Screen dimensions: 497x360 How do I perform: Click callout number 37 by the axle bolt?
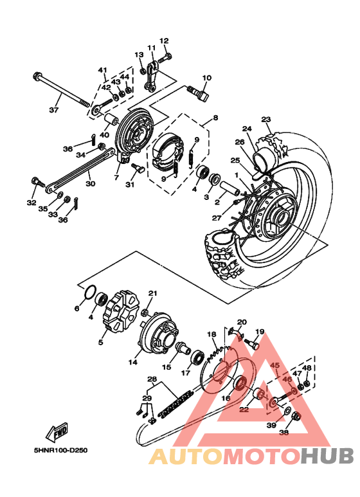coord(54,110)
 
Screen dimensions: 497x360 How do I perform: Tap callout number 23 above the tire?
coord(266,119)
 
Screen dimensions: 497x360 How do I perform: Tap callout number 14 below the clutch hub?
coord(132,362)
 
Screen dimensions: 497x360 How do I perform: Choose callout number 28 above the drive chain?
coord(152,379)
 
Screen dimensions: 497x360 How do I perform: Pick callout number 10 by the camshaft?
coord(206,78)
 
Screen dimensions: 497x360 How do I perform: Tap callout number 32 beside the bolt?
coord(32,203)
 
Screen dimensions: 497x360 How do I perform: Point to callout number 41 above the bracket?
coord(102,69)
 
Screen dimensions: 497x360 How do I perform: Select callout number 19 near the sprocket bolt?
coord(260,332)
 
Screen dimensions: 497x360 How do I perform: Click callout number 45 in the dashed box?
coord(274,366)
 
